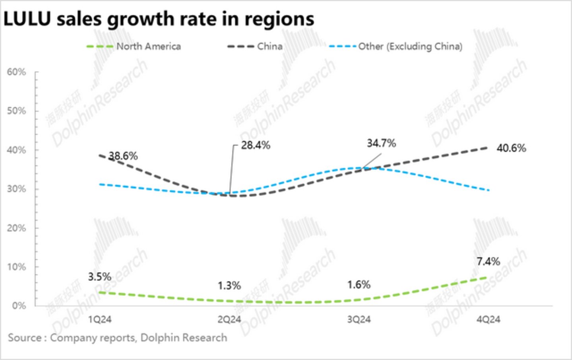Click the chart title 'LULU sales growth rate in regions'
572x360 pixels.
[159, 19]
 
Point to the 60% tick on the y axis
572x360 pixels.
[16, 72]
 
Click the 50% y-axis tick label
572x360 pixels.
[16, 111]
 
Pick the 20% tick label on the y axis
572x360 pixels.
[16, 228]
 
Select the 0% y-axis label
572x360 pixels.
[19, 306]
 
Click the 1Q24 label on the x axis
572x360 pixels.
[99, 320]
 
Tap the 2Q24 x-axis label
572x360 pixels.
[229, 320]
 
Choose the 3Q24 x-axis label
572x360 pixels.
[359, 320]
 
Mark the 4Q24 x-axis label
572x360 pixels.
[489, 320]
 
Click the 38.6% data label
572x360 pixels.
[123, 156]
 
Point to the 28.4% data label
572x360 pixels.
[256, 145]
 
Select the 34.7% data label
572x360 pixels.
[381, 143]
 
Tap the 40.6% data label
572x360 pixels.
[511, 148]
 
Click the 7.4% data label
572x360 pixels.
[488, 261]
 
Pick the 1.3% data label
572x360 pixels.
[229, 286]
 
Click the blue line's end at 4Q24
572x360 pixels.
[489, 190]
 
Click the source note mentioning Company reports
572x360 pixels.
[118, 338]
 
